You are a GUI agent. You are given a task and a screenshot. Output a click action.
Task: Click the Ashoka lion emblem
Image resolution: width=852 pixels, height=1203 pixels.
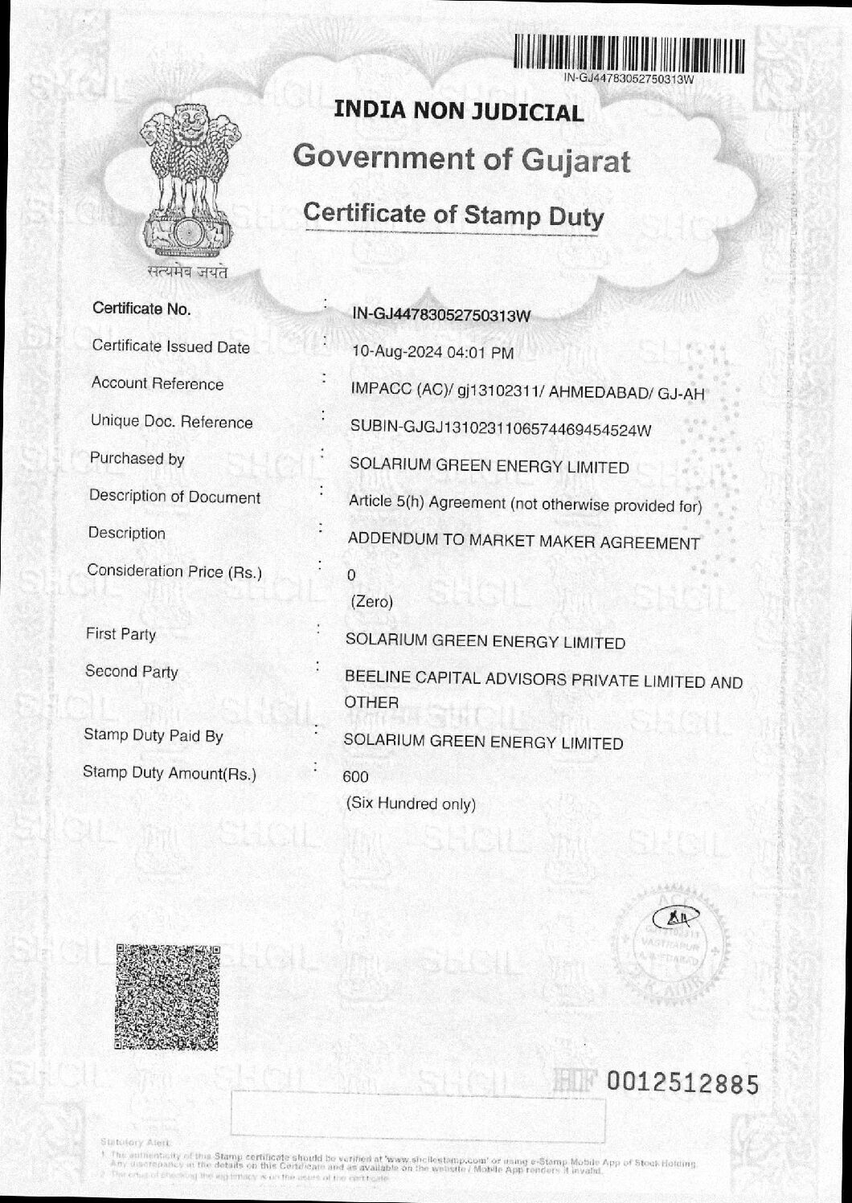point(186,183)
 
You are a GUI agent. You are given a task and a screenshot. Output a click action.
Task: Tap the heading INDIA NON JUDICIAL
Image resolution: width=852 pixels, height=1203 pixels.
point(458,112)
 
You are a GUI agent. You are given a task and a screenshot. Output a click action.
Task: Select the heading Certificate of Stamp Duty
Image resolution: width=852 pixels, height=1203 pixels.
point(453,215)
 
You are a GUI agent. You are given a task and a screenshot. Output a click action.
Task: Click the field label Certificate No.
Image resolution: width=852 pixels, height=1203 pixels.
point(141,309)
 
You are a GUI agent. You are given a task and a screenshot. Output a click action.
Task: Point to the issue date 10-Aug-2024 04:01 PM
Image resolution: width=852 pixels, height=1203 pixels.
point(432,352)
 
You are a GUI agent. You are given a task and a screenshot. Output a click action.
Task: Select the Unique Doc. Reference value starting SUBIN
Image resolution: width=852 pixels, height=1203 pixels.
point(500,429)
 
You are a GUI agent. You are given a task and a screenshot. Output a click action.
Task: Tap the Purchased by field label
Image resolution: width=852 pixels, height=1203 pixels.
point(137,459)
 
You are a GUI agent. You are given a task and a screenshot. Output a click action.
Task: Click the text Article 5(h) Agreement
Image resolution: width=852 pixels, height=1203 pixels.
point(427,503)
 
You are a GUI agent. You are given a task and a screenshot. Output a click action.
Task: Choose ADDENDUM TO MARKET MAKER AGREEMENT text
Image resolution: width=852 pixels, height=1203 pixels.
point(523,542)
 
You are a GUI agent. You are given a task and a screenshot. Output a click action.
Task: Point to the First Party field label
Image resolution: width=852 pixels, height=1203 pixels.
point(121,634)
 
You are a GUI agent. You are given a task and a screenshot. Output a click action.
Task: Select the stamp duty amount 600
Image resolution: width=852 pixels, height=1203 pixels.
point(355,776)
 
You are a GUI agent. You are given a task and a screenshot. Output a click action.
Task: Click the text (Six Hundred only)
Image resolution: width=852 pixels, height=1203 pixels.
point(410,804)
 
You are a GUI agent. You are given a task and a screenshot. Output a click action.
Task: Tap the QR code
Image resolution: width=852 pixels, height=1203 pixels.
point(166,996)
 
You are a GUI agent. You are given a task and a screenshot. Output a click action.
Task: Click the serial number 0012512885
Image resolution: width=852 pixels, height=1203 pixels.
point(682,1084)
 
